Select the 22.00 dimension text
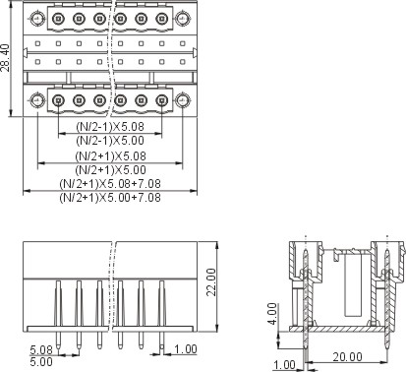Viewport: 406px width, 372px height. (x=211, y=282)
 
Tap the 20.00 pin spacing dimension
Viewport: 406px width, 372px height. (x=347, y=356)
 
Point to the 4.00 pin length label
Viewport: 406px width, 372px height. (x=272, y=314)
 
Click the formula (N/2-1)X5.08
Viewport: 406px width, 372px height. (x=110, y=126)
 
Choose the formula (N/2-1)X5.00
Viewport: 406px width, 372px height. (x=110, y=141)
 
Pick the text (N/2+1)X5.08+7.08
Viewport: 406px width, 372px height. (x=110, y=184)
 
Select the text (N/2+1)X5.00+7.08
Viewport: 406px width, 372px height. (x=110, y=198)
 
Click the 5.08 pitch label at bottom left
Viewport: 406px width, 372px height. (x=41, y=349)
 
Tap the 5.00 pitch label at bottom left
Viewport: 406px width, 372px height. (x=41, y=362)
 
